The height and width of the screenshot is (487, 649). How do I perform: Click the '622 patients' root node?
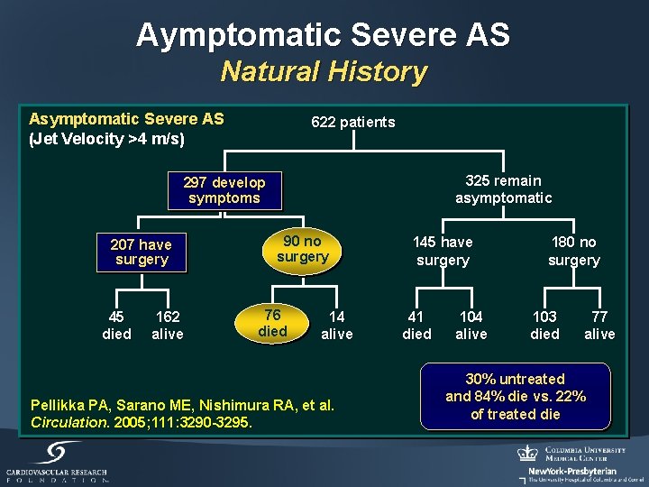352,122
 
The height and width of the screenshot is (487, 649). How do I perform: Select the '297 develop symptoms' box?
224,190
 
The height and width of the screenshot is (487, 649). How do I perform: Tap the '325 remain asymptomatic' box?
503,189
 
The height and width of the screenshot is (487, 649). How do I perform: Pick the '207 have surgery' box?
141,252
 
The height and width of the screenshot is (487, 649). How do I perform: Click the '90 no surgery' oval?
302,249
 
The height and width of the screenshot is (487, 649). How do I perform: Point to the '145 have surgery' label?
442,251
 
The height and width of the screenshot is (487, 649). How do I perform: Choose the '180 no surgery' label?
573,251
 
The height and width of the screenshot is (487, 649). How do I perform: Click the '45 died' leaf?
116,326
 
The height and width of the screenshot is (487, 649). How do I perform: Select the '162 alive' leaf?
168,326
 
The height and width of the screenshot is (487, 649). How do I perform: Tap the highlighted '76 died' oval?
272,323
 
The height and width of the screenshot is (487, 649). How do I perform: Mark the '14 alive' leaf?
337,326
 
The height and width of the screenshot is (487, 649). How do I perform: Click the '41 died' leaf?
416,326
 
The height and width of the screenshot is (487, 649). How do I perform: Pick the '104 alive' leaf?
471,326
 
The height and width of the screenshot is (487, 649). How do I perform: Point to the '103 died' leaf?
544,326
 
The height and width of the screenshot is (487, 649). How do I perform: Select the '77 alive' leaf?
599,326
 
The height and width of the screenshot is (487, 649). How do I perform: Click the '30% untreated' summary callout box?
516,397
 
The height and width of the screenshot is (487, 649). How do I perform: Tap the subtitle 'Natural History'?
324,71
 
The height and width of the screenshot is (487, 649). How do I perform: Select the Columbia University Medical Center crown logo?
527,453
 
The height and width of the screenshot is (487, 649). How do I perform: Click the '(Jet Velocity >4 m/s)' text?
107,139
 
